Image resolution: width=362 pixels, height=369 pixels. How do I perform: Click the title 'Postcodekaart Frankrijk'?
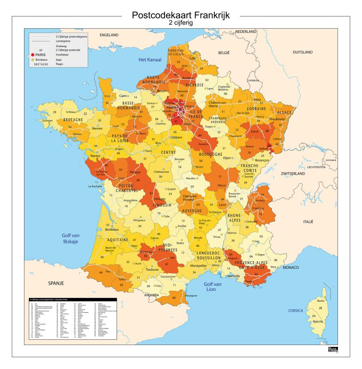[x=181, y=15]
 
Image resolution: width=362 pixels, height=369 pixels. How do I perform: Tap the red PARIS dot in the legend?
[x=33, y=55]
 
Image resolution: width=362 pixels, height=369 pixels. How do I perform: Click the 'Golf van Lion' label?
[x=213, y=287]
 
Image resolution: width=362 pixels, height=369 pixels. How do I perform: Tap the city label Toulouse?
[x=152, y=270]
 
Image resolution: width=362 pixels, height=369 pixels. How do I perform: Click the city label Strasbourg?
[x=277, y=119]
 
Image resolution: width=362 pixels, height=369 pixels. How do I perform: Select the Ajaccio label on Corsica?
[x=318, y=321]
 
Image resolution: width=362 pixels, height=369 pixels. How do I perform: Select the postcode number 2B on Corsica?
[x=320, y=308]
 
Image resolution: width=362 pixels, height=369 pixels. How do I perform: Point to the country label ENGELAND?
[x=109, y=35]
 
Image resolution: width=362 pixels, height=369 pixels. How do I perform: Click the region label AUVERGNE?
[x=192, y=211]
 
